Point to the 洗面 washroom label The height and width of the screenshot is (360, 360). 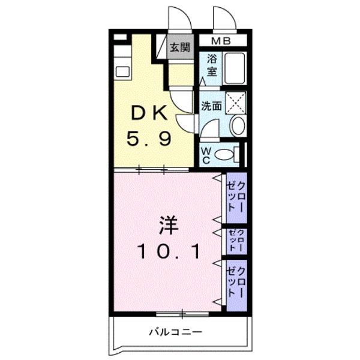point(211,106)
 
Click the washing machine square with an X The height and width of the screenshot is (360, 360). point(236,102)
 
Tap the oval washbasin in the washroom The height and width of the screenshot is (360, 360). point(237,125)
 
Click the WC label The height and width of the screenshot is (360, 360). point(205,155)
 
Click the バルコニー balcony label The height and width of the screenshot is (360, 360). point(176,331)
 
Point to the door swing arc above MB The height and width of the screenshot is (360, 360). point(224,18)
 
